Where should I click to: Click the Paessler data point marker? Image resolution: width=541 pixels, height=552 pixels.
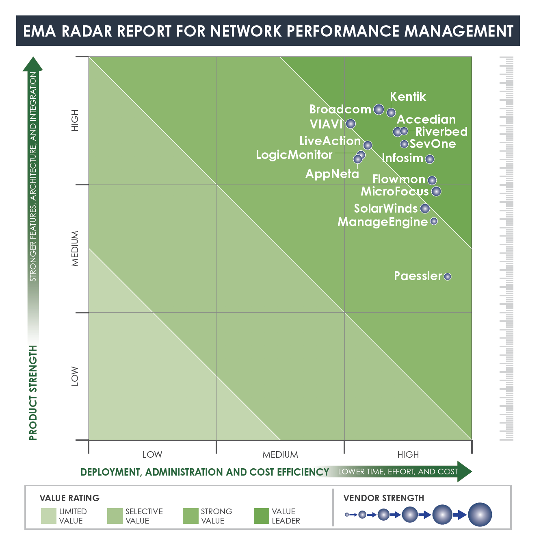click(447, 276)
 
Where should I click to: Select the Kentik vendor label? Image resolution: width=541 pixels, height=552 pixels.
click(408, 97)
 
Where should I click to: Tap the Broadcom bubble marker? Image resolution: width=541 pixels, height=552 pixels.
click(379, 109)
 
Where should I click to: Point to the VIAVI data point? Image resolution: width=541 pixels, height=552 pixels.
click(351, 124)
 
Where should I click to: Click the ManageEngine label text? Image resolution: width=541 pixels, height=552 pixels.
click(382, 222)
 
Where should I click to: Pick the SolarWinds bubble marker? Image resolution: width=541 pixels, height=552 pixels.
click(425, 209)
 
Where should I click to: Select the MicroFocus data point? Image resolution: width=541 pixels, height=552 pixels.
click(436, 191)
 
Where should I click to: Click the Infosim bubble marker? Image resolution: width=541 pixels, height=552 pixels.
click(430, 159)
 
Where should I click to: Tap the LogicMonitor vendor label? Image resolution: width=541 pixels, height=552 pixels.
click(294, 155)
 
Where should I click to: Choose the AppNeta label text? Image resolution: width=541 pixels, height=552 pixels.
click(332, 174)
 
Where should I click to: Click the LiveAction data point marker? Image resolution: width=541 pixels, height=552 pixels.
click(368, 145)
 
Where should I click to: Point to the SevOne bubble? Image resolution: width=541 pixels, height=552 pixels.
click(404, 144)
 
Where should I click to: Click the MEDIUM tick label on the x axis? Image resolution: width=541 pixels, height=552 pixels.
click(280, 454)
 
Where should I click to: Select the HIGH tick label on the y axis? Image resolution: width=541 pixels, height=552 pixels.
click(75, 120)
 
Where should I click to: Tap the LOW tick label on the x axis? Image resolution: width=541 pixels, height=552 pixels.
click(152, 454)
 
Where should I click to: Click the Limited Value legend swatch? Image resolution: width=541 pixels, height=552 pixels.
click(48, 516)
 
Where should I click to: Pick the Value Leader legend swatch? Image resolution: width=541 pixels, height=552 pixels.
click(261, 516)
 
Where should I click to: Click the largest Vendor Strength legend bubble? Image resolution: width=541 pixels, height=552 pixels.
click(480, 515)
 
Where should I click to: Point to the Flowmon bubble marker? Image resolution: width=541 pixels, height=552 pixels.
click(432, 180)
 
